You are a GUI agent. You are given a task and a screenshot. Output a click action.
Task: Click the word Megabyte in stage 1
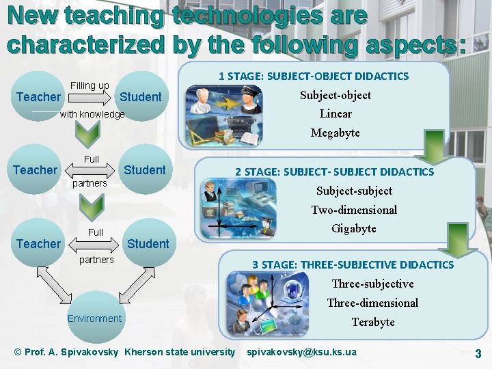[x=335, y=133]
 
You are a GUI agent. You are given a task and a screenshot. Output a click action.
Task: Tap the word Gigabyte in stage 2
[x=354, y=228]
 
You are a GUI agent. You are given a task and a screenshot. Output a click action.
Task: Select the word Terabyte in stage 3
[x=373, y=322]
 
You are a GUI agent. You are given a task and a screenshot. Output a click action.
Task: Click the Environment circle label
[x=94, y=318]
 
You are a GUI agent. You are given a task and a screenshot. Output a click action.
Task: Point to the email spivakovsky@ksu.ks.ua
[x=301, y=352]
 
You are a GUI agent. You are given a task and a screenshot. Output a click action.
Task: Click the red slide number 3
[x=478, y=353]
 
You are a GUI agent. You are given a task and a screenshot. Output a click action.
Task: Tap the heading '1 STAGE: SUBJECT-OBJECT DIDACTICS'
[x=314, y=76]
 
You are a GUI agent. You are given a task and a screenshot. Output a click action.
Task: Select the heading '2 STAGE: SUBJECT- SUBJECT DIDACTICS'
[x=335, y=172]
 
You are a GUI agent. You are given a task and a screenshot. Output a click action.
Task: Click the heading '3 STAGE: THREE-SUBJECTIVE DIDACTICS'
[x=353, y=264]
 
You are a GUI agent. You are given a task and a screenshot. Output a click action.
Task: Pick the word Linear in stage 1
[x=336, y=113]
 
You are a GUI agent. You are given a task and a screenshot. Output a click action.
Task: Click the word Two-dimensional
[x=354, y=210]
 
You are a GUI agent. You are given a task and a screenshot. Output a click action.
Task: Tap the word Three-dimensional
[x=372, y=303]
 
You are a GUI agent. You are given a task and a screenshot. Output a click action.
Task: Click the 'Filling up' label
[x=90, y=85]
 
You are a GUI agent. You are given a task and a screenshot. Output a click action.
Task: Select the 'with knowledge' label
[x=92, y=114]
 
